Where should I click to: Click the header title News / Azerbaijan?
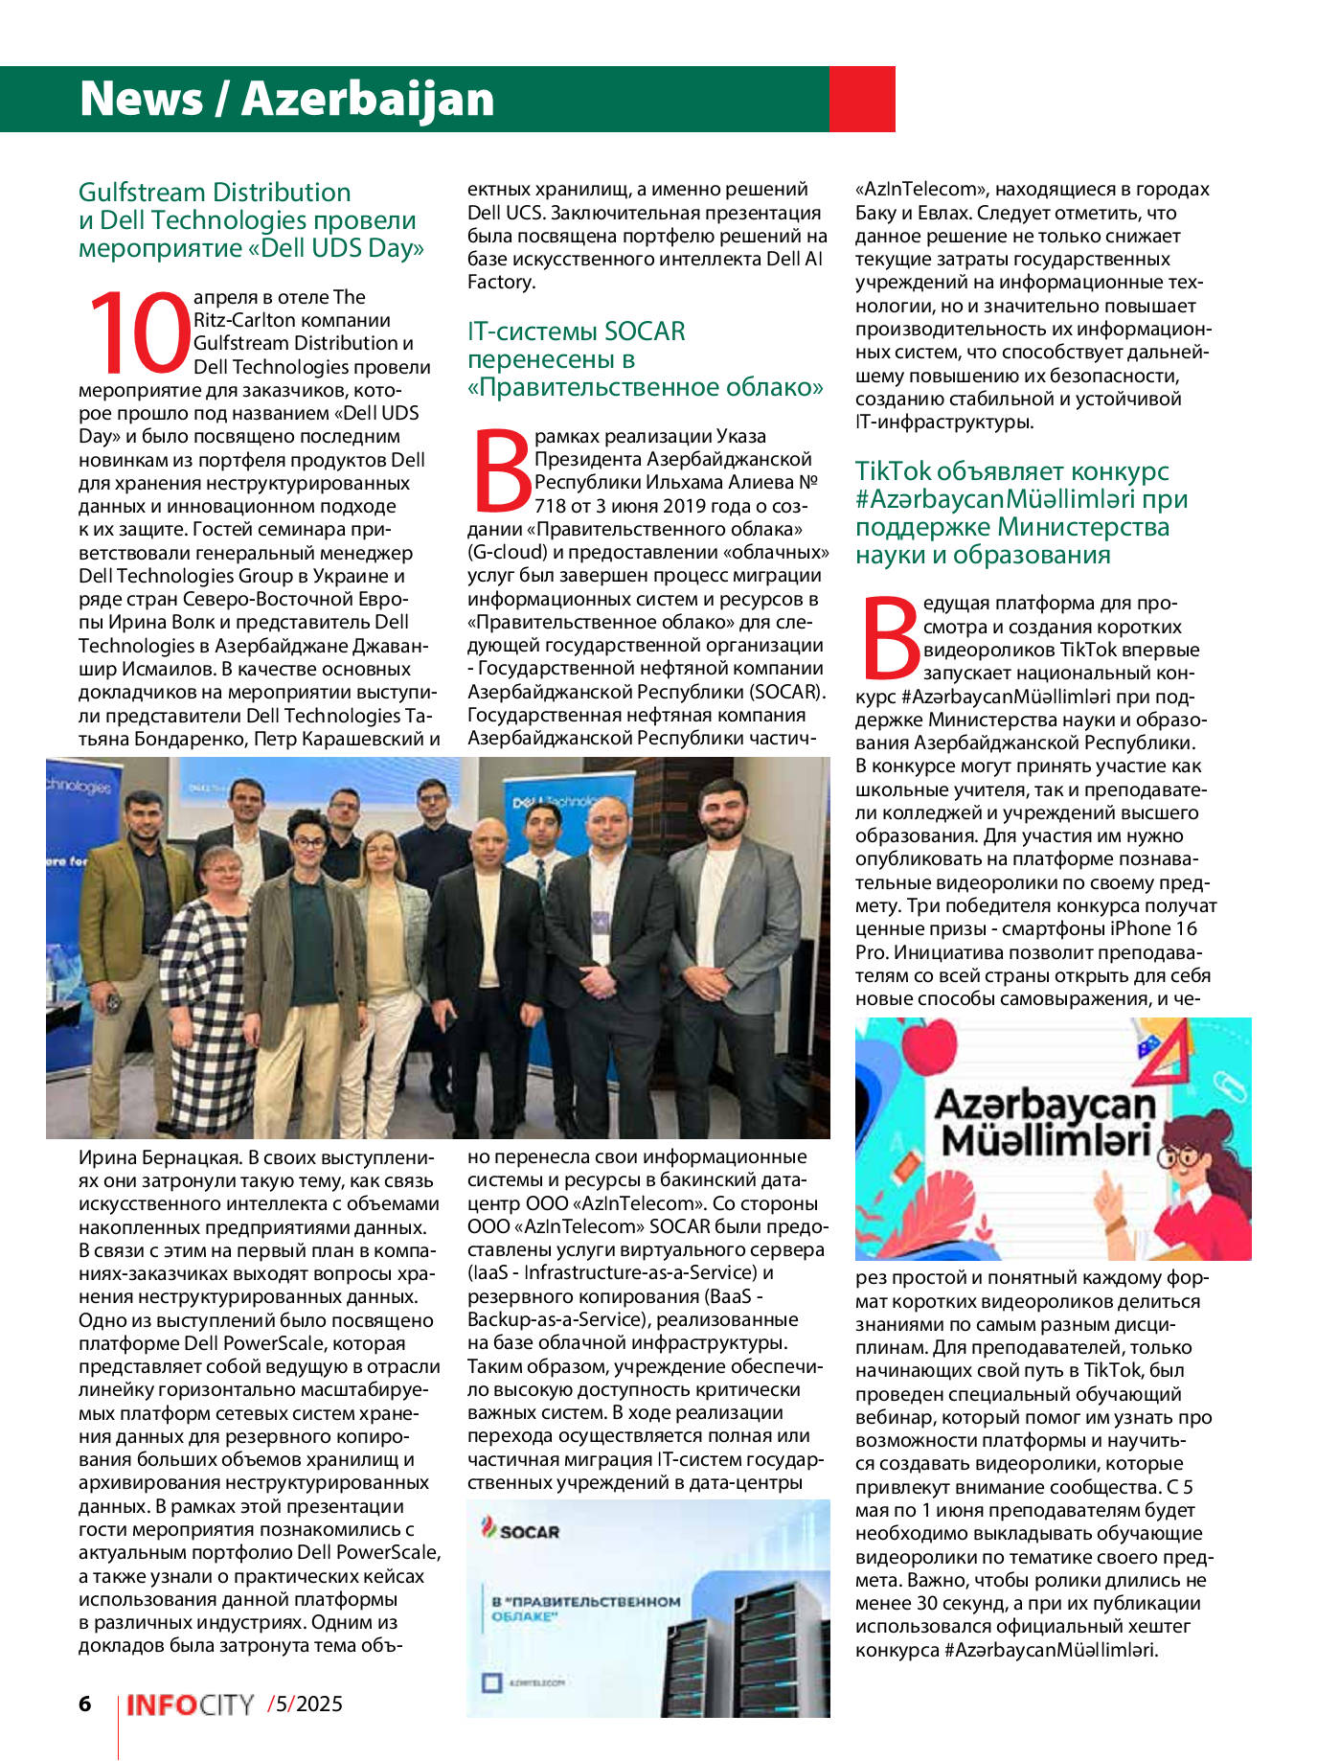286,99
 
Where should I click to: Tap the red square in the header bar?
861,99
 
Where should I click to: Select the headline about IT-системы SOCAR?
644,359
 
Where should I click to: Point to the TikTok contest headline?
1021,513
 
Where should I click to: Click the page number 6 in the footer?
85,1703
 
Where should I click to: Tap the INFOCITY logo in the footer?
190,1704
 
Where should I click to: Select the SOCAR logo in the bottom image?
520,1531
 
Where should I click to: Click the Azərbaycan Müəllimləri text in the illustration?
1044,1123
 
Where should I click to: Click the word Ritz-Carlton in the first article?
251,320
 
